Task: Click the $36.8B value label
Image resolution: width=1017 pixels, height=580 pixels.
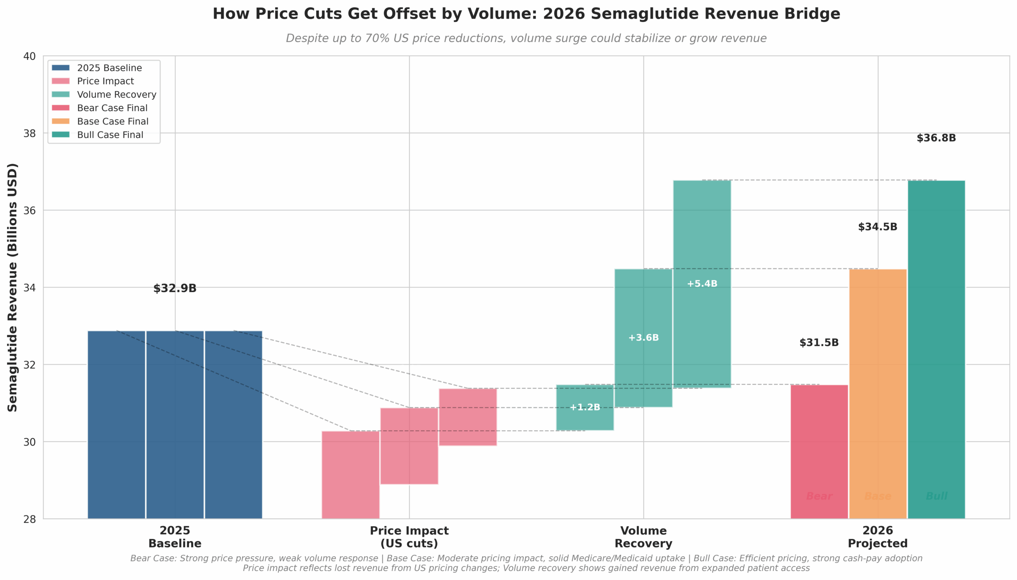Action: [936, 138]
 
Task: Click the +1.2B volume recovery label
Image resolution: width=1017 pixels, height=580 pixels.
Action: [585, 407]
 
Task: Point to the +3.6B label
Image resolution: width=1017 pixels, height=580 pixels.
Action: [643, 338]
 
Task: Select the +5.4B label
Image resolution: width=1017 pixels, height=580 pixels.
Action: [702, 284]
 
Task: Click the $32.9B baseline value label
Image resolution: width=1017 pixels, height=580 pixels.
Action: [175, 288]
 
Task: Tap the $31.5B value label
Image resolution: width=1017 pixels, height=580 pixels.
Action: [819, 342]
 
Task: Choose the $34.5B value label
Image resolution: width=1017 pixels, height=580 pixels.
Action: [877, 227]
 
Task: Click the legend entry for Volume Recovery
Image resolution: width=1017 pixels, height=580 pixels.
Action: [116, 95]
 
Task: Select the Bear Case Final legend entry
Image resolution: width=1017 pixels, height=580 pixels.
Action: [112, 108]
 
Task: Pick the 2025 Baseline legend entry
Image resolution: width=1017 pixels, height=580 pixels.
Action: [109, 68]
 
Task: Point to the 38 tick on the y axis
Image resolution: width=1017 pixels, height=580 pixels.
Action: [29, 133]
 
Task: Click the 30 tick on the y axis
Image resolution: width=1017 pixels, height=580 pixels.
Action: [29, 442]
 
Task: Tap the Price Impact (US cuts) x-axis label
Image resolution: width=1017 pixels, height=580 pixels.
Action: [409, 537]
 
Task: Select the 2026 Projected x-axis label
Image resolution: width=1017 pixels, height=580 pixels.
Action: [878, 537]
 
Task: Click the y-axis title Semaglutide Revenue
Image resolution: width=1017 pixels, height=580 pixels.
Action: [13, 287]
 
